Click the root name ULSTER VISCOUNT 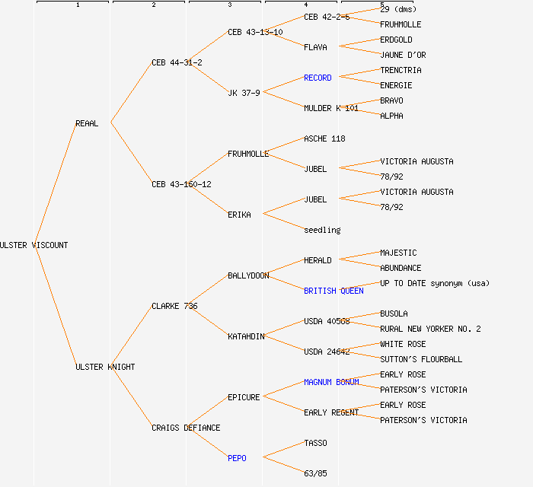coord(34,245)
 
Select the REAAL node coord(87,123)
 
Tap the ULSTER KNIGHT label coord(105,367)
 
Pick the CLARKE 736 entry coord(174,306)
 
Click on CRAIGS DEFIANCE coord(186,428)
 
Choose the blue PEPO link coord(237,458)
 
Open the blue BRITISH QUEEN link coord(334,291)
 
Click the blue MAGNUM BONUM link coord(331,382)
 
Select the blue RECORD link coord(318,78)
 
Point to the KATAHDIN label coord(246,336)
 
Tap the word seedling coord(322,230)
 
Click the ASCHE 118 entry coord(324,138)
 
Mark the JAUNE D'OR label coord(403,55)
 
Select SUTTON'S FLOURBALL coord(421,359)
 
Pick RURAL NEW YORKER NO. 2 coord(430,329)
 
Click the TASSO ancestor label coord(315,443)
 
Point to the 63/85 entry coord(315,473)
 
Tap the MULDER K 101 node coord(330,108)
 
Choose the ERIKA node coord(239,215)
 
